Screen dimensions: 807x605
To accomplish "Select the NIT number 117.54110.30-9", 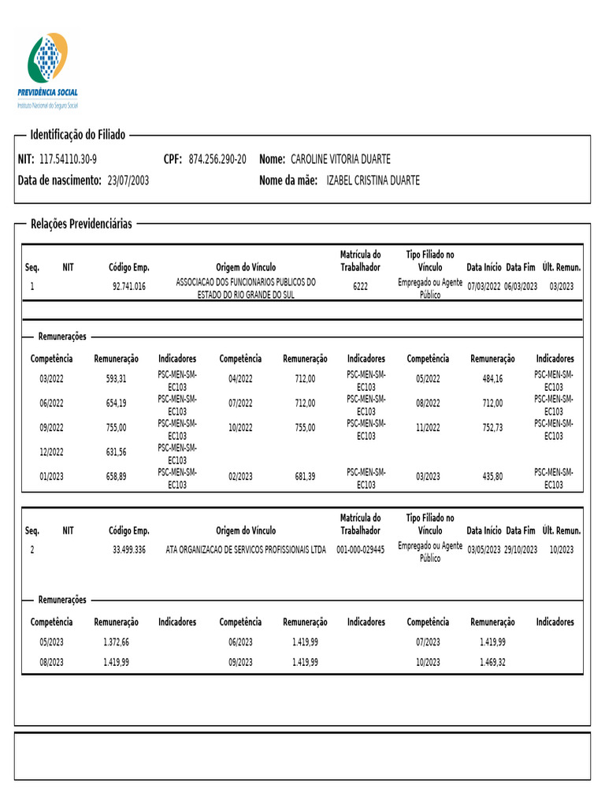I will point(68,159).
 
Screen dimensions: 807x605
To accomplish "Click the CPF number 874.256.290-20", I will point(217,159).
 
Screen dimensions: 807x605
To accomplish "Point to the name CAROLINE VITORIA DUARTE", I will point(340,159).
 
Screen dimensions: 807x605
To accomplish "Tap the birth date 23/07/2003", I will point(128,180).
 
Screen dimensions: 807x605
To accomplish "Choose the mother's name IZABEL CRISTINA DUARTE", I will point(373,180).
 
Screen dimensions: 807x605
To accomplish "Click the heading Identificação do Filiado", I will point(77,135).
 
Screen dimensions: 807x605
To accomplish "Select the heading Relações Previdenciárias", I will point(81,224).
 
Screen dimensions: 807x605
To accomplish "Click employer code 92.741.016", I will point(129,287).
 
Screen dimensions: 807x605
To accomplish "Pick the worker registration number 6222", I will point(360,287).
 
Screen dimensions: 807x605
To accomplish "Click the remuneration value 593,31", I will point(116,379).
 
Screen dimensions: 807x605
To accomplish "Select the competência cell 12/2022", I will point(52,452).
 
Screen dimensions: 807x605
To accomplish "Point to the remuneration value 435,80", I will point(492,477).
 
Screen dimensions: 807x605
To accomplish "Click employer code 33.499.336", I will point(129,549).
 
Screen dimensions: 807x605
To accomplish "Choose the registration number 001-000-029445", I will point(360,549).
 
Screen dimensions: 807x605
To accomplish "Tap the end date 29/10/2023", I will point(521,549).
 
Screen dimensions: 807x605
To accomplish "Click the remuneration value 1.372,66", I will point(116,642).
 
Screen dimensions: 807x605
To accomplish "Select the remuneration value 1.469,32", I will point(492,662).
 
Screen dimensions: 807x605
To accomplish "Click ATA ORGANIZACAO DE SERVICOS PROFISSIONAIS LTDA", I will point(246,549).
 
